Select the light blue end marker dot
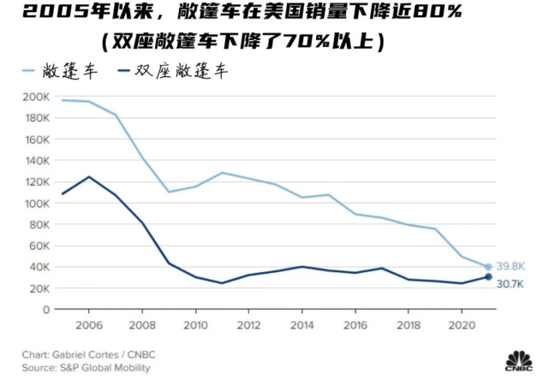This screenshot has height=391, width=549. pos(488,267)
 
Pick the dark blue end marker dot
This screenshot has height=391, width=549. pos(488,277)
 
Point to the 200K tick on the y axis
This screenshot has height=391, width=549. pos(37,97)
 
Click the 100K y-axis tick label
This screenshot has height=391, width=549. pos(37,203)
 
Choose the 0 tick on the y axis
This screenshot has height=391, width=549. pos(46,310)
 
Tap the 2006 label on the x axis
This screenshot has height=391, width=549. pos(89,325)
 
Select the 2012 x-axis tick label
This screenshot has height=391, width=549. pos(249,325)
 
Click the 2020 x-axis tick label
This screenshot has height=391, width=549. pos(462,325)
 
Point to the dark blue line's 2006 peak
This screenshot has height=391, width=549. pos(89,177)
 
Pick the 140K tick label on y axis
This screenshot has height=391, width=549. pos(37,160)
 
